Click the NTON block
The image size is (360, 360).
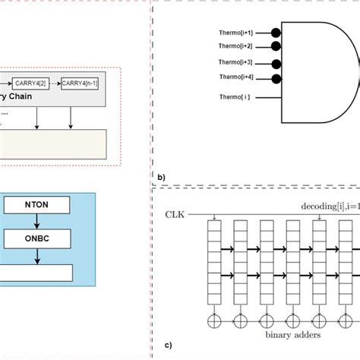coord(37,204)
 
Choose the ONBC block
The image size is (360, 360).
coord(37,239)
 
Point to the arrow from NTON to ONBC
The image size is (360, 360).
coord(37,221)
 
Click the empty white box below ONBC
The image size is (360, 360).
coord(36,273)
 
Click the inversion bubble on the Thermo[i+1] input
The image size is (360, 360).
coord(276,34)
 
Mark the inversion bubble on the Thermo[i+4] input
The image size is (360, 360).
coord(276,78)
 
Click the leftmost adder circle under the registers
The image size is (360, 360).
coord(213,319)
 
